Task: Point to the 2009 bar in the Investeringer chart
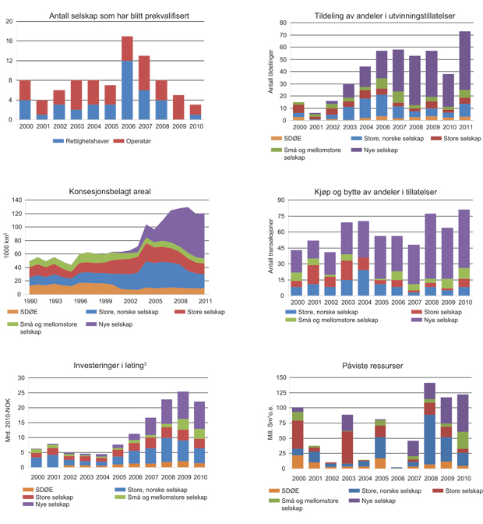183,430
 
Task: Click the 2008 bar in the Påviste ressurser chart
429,425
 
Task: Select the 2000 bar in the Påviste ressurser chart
297,437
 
